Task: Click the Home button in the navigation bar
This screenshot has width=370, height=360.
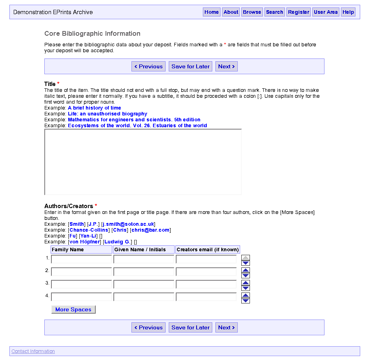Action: pyautogui.click(x=211, y=12)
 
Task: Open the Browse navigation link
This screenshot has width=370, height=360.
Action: pyautogui.click(x=252, y=12)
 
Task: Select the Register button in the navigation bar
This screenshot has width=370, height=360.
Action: pyautogui.click(x=299, y=12)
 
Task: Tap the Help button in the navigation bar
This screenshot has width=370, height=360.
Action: pyautogui.click(x=348, y=12)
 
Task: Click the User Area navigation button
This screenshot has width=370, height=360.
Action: pyautogui.click(x=326, y=12)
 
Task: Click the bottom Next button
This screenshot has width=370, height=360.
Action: pyautogui.click(x=226, y=327)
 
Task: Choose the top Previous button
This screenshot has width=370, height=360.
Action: pyautogui.click(x=148, y=66)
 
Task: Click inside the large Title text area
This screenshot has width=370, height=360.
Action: pyautogui.click(x=143, y=162)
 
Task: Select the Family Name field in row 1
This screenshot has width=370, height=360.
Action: pyautogui.click(x=82, y=259)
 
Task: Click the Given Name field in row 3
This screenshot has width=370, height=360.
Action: pyautogui.click(x=144, y=284)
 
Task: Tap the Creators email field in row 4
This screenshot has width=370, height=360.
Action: pyautogui.click(x=206, y=297)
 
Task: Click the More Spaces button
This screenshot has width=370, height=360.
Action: pyautogui.click(x=73, y=309)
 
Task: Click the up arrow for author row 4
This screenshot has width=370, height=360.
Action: pyautogui.click(x=246, y=295)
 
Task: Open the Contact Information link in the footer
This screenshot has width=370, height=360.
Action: pyautogui.click(x=33, y=351)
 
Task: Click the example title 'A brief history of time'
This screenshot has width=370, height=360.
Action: pyautogui.click(x=95, y=108)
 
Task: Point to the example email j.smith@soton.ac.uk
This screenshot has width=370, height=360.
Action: pyautogui.click(x=129, y=224)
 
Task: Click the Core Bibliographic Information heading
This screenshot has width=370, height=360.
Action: pyautogui.click(x=92, y=34)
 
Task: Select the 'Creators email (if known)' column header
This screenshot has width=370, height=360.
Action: pyautogui.click(x=208, y=250)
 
